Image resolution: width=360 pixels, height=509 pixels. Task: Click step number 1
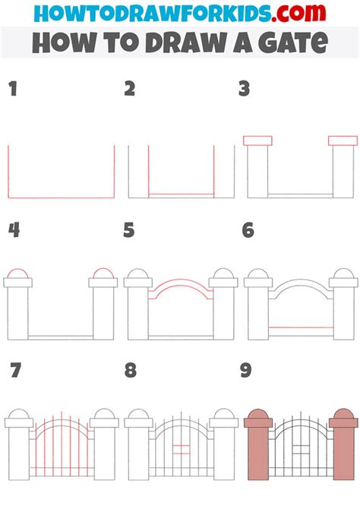pos(12,90)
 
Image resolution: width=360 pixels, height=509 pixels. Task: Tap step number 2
pos(130,90)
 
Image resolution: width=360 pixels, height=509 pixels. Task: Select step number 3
pos(244,90)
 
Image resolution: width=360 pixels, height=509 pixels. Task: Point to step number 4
pos(13,230)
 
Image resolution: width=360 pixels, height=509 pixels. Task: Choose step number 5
pos(129,230)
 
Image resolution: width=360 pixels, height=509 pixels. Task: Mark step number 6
pos(248,230)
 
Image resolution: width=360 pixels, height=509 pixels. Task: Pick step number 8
pos(130,371)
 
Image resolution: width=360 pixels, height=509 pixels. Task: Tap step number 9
pos(248,371)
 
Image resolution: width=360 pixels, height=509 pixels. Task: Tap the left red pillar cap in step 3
pos(257,141)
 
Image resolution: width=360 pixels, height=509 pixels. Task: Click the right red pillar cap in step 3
pos(343,141)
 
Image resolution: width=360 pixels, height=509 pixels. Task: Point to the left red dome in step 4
pos(18,273)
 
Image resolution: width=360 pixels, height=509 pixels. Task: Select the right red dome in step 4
pos(103,273)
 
